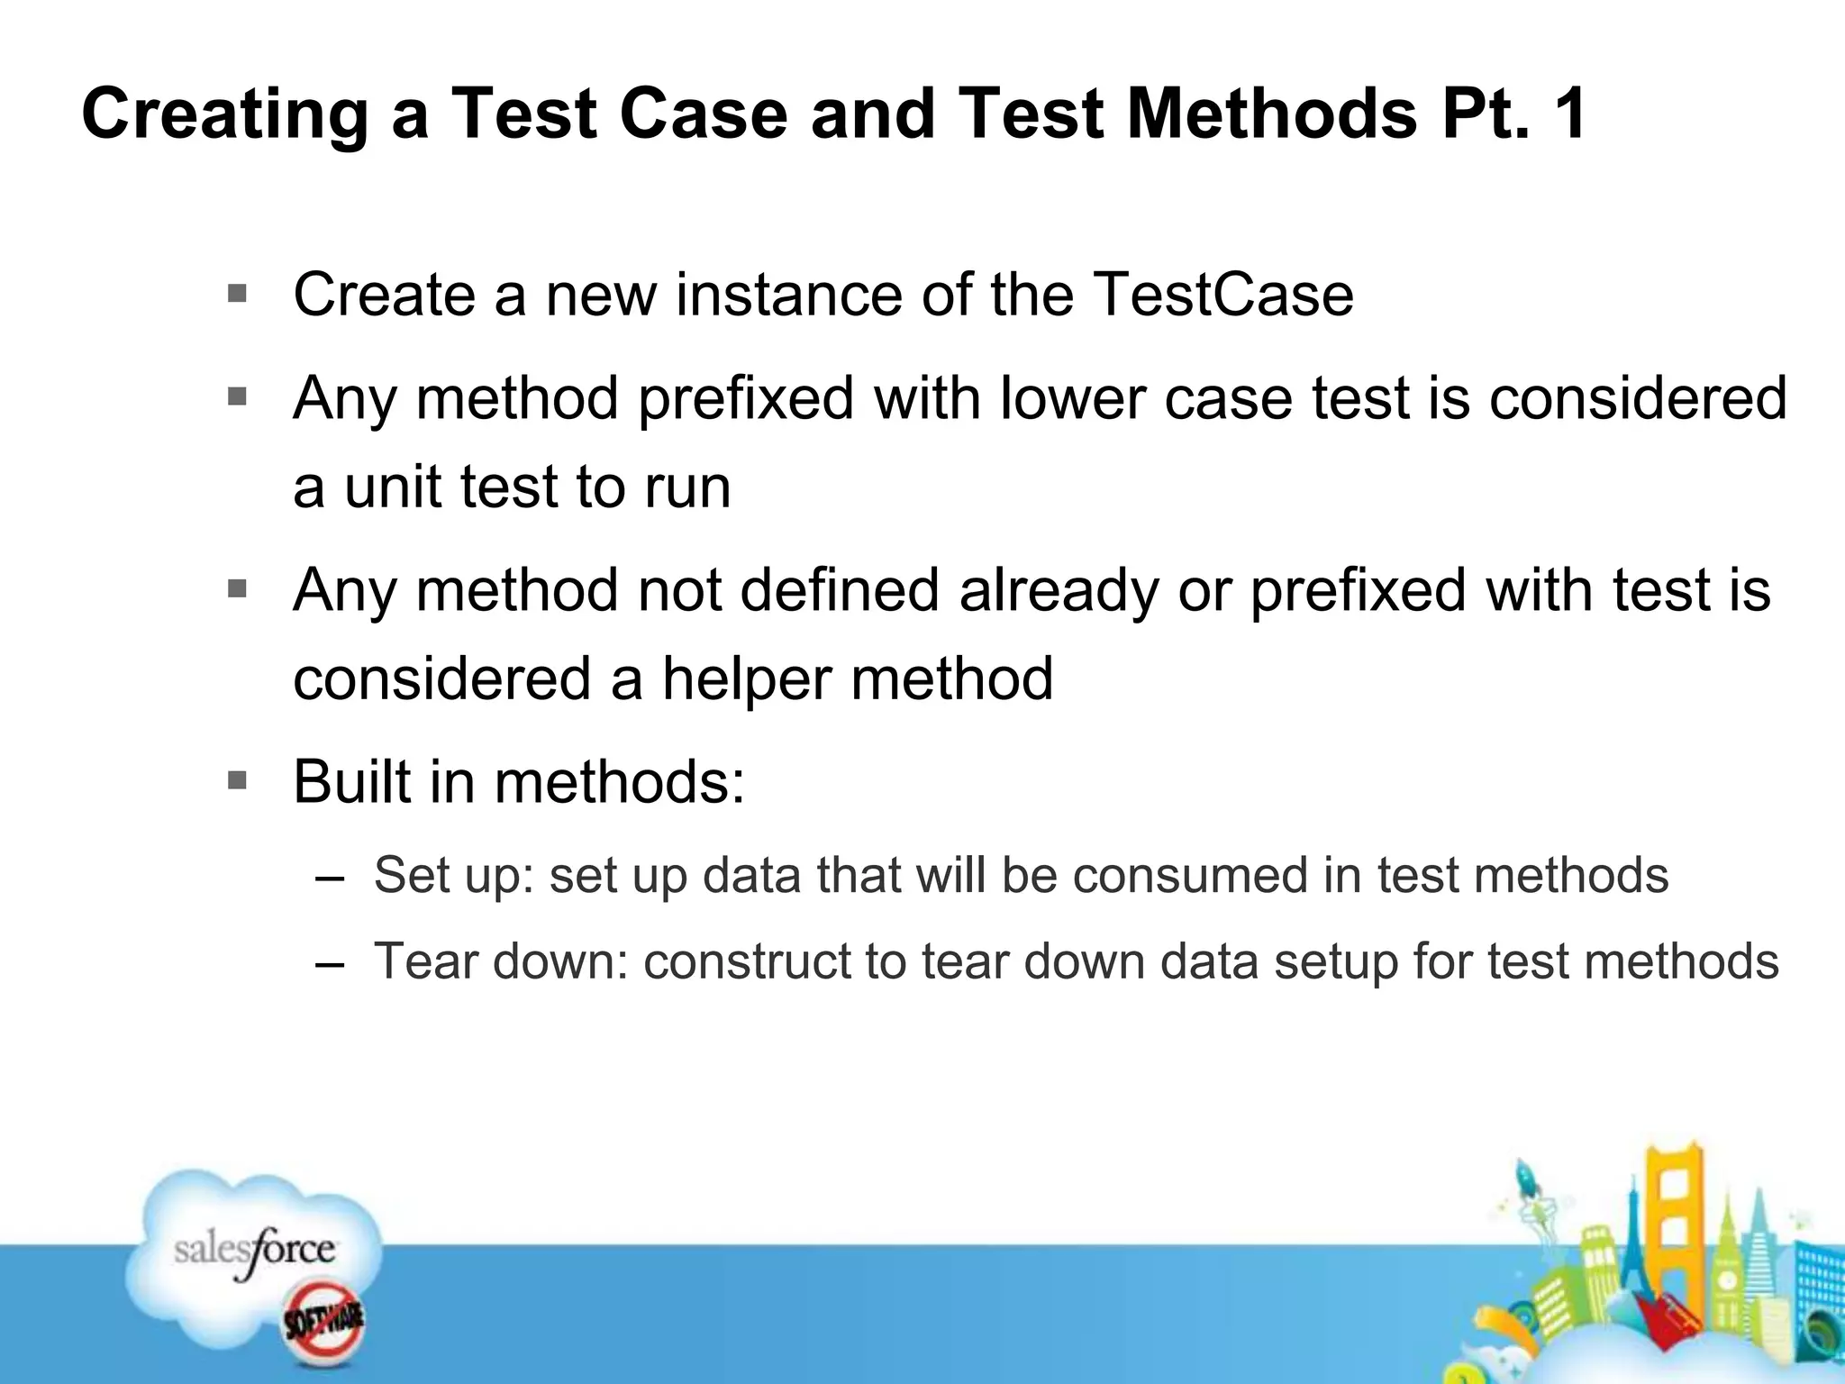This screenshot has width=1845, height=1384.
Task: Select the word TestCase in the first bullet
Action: [x=1222, y=295]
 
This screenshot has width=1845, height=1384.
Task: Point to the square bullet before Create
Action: [x=238, y=294]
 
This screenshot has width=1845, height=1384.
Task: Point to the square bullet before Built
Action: [x=238, y=780]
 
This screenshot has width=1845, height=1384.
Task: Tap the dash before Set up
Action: [x=331, y=879]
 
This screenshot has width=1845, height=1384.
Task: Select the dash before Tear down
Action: [x=331, y=964]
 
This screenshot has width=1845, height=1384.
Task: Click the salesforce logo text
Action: [x=255, y=1250]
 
